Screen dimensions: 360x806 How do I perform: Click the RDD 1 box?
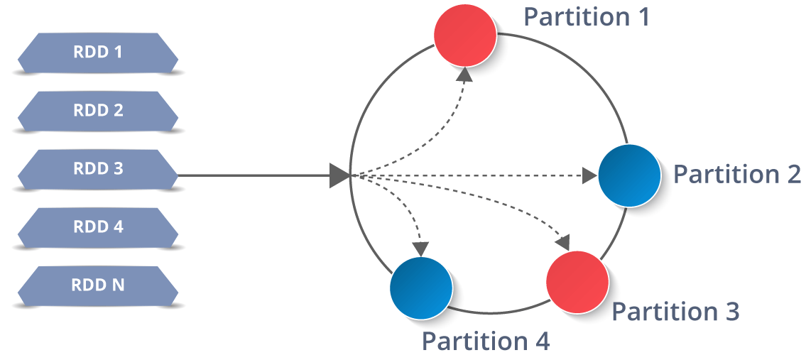(x=98, y=53)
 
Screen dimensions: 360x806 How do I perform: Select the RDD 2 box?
(x=98, y=111)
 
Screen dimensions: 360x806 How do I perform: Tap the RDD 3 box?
(x=98, y=169)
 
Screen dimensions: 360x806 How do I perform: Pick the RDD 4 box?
(x=98, y=227)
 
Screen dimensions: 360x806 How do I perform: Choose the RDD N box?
(x=98, y=285)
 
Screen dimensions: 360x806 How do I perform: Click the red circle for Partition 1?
(x=465, y=36)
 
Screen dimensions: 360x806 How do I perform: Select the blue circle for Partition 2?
(x=629, y=175)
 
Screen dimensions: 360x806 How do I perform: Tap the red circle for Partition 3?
(x=577, y=282)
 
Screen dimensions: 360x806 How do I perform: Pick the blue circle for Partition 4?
(x=422, y=288)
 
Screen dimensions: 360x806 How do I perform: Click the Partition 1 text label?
(x=587, y=16)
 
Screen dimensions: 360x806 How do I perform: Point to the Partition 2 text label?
(x=736, y=174)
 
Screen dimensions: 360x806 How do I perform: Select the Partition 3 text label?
(x=675, y=311)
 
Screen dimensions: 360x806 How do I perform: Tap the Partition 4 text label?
(x=486, y=342)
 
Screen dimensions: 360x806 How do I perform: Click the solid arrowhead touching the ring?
(x=340, y=175)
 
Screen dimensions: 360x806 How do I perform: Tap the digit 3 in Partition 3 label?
(x=731, y=311)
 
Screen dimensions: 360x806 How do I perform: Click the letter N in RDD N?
(x=117, y=285)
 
